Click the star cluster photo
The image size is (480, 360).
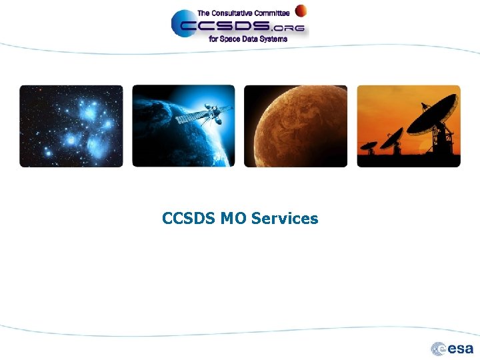[x=71, y=126]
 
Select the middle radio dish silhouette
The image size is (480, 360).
[x=392, y=138]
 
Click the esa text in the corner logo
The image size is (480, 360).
[x=460, y=349]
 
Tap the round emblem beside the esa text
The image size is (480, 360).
[x=439, y=349]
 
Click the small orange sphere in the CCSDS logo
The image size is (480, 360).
[x=301, y=10]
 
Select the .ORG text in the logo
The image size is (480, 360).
[x=288, y=27]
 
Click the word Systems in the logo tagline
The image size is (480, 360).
[x=273, y=39]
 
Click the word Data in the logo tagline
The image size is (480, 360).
[x=250, y=39]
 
